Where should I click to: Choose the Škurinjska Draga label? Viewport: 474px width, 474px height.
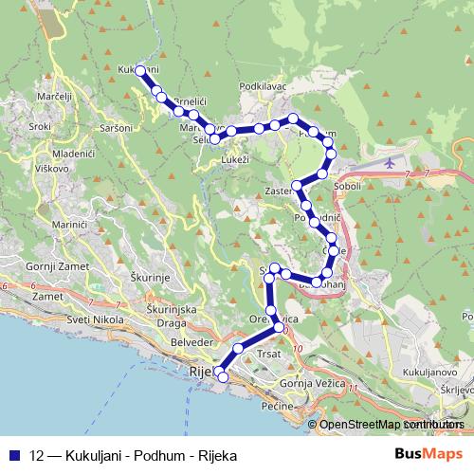(172, 317)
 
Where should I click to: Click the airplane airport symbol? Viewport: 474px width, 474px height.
(392, 163)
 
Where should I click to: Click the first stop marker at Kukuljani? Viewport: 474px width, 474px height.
(140, 70)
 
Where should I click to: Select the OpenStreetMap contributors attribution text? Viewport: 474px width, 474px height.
(392, 425)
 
